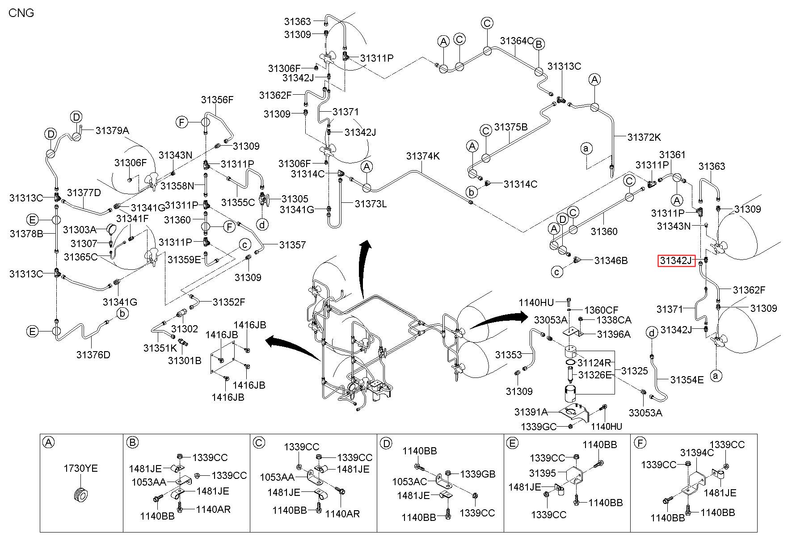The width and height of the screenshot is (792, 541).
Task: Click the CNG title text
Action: point(21,13)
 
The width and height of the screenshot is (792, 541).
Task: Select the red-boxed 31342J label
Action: point(676,260)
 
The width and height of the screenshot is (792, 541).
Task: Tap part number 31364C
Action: point(517,41)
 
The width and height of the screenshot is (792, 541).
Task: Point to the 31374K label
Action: point(423,156)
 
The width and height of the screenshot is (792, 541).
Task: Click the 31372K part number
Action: point(644,137)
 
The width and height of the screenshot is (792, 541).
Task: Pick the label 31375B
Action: point(511,127)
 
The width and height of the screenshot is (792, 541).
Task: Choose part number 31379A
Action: point(112,130)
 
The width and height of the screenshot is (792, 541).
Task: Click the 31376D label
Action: point(93,355)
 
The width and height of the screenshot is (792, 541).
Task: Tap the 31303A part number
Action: point(80,230)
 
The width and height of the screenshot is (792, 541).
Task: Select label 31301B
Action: point(185,360)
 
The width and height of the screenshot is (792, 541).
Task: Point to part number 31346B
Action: point(611,260)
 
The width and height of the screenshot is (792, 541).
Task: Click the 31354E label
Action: point(687,380)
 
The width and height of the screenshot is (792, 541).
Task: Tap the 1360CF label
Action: point(601,310)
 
